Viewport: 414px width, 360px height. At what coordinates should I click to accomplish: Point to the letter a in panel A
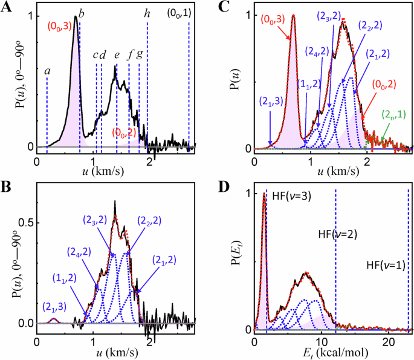click(x=47, y=71)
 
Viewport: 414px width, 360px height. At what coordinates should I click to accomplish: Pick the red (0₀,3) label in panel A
click(x=60, y=26)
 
